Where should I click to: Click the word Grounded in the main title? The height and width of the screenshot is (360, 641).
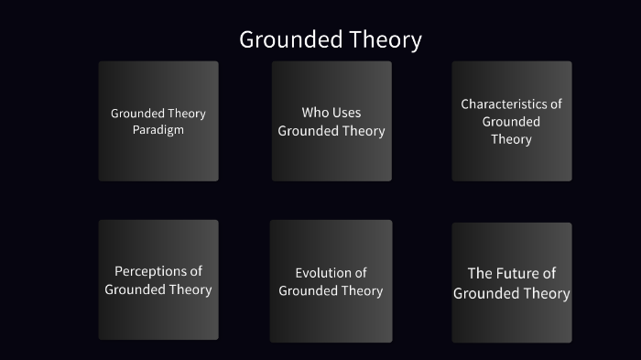pos(292,40)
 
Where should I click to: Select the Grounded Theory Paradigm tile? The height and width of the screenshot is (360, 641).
pos(158,121)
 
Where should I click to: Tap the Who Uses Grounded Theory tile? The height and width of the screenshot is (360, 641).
pos(331,121)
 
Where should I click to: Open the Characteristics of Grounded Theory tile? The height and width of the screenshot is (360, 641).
pos(511,121)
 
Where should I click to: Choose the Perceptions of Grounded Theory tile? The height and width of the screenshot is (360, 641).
pos(158,279)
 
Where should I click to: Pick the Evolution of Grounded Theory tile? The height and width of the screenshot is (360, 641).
pos(331,281)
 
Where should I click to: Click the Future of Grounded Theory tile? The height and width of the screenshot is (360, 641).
pos(511,283)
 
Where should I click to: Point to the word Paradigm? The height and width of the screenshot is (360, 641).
pos(158,130)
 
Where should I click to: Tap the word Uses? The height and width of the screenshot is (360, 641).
pos(346,113)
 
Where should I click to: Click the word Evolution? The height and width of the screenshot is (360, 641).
pos(323,273)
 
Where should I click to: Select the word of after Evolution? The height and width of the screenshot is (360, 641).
pos(360,273)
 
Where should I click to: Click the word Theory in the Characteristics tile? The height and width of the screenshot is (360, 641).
pos(511,139)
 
